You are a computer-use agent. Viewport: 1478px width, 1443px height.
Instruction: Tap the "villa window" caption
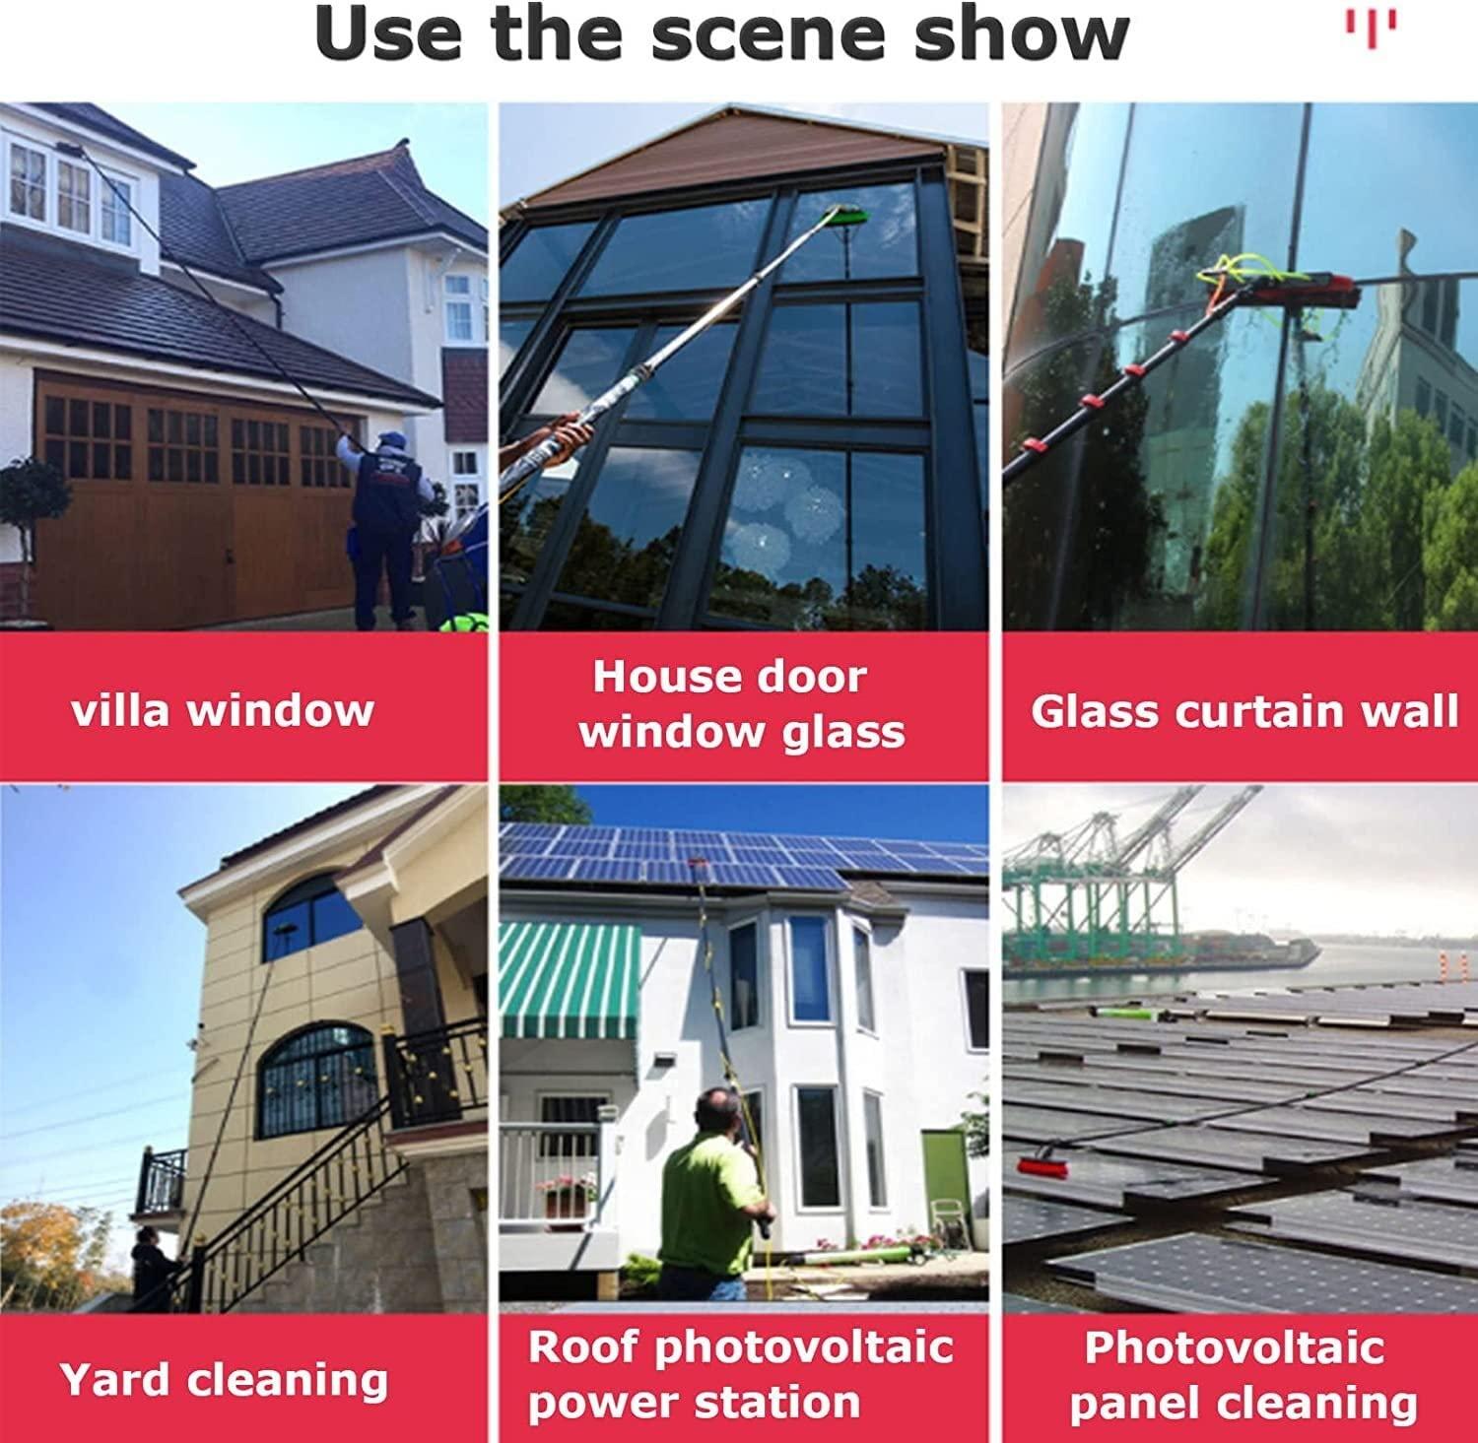(223, 709)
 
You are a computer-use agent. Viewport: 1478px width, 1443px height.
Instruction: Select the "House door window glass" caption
(741, 705)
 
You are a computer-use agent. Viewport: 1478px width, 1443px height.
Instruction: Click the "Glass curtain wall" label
(1243, 711)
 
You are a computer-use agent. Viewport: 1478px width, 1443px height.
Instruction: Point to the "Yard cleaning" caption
(225, 1379)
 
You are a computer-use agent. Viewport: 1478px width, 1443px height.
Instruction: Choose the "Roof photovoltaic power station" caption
(741, 1375)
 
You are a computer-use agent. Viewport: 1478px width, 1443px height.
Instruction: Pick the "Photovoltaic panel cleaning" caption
(1242, 1375)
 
